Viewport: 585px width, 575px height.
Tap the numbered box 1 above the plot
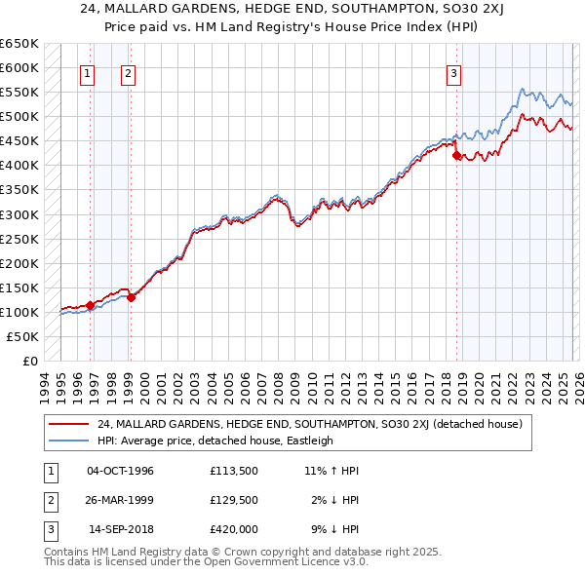[89, 71]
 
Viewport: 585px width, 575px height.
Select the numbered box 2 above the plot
[129, 71]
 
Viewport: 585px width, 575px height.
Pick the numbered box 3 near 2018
[454, 71]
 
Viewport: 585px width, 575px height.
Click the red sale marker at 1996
[90, 305]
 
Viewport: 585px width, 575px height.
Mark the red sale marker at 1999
[131, 298]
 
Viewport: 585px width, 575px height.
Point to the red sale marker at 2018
[456, 156]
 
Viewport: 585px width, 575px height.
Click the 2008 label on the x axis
[280, 385]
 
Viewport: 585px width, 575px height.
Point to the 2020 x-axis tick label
[479, 385]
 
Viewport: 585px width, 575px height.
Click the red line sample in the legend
[68, 424]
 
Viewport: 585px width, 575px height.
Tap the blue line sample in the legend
[68, 441]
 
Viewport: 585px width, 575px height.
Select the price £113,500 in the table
[233, 471]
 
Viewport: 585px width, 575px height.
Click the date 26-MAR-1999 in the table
[120, 500]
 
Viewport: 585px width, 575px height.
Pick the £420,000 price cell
[233, 529]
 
